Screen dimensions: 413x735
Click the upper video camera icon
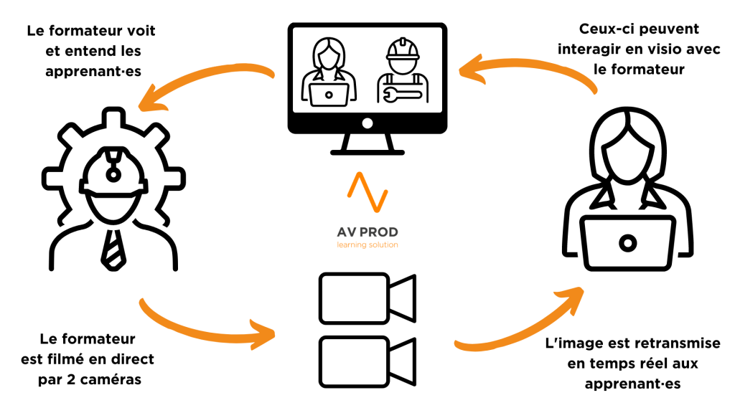[366, 297]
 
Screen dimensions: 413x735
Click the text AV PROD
[367, 232]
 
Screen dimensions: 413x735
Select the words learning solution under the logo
[367, 245]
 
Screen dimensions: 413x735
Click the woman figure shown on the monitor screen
[329, 72]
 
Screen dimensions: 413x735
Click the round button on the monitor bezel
[367, 123]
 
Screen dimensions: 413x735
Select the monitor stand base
[367, 151]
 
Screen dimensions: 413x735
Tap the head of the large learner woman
[629, 154]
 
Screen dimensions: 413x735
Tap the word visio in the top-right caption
[649, 49]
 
